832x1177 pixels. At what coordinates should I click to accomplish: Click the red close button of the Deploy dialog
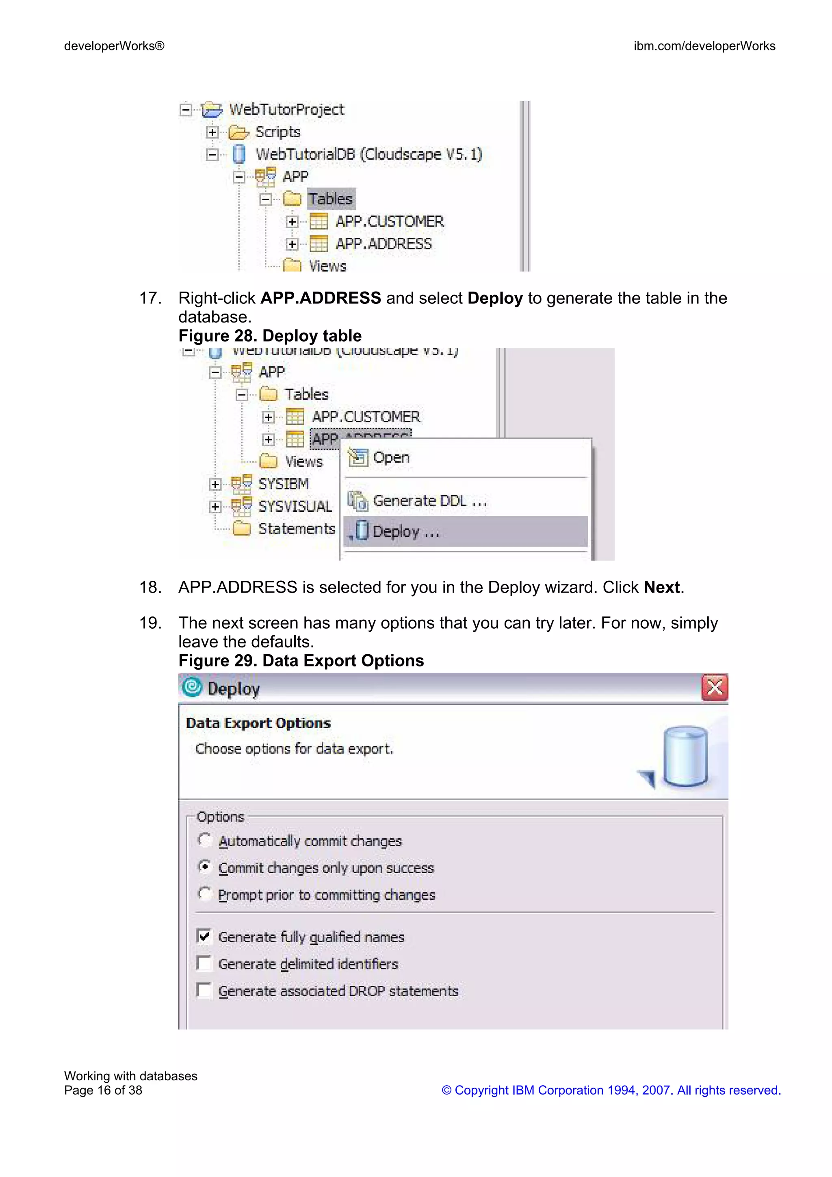pyautogui.click(x=714, y=688)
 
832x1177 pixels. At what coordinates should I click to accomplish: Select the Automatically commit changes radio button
pyautogui.click(x=204, y=839)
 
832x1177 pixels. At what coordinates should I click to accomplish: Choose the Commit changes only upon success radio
pyautogui.click(x=204, y=867)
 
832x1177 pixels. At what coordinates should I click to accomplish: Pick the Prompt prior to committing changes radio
pyautogui.click(x=204, y=894)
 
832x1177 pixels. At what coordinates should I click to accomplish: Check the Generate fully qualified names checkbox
pyautogui.click(x=204, y=936)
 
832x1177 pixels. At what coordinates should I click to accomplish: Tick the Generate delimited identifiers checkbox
pyautogui.click(x=204, y=963)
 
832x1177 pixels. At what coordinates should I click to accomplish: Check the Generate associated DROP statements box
pyautogui.click(x=204, y=990)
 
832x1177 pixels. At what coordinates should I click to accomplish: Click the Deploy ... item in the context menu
pyautogui.click(x=405, y=532)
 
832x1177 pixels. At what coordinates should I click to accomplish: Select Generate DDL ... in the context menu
pyautogui.click(x=429, y=501)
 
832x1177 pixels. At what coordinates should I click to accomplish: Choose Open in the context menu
pyautogui.click(x=391, y=457)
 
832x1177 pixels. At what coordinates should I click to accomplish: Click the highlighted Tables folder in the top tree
pyautogui.click(x=330, y=199)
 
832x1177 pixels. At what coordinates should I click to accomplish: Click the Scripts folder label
pyautogui.click(x=277, y=132)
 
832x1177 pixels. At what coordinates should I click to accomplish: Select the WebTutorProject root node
pyautogui.click(x=286, y=110)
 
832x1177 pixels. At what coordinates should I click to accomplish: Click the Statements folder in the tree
pyautogui.click(x=296, y=528)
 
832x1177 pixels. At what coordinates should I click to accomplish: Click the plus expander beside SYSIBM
pyautogui.click(x=215, y=485)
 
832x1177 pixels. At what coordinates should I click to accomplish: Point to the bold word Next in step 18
pyautogui.click(x=661, y=587)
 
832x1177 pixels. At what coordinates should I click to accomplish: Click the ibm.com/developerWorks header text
pyautogui.click(x=704, y=46)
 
